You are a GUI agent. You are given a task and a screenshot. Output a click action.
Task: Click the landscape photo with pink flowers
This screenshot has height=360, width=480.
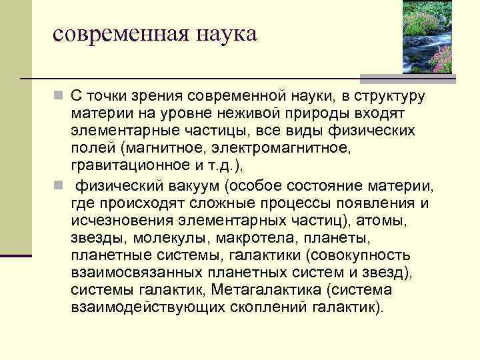coord(428,37)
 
